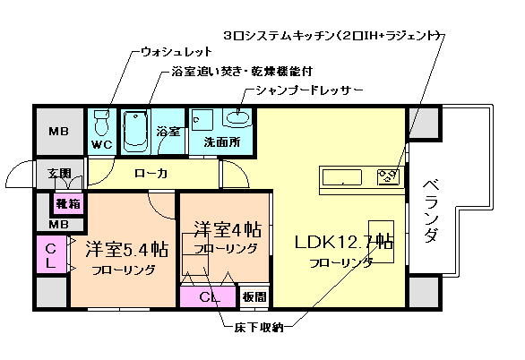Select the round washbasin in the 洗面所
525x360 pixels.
[239, 116]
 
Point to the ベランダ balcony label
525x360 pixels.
[431, 211]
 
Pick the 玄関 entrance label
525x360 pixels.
[59, 173]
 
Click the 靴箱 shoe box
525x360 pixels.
[67, 203]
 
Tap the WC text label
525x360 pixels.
[100, 144]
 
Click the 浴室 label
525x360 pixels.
[168, 132]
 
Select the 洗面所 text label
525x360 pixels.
[218, 141]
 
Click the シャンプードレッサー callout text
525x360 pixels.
[307, 90]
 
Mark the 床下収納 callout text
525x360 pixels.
[254, 328]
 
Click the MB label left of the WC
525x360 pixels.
[59, 131]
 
